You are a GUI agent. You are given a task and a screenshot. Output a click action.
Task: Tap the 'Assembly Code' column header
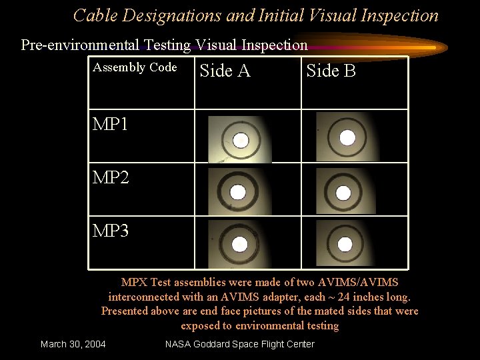(135, 67)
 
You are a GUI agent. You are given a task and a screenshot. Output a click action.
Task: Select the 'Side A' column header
(225, 71)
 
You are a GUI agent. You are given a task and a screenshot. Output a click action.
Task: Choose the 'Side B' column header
(331, 71)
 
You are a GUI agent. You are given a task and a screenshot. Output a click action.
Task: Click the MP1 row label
(111, 125)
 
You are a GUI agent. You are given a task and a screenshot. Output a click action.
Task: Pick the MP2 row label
(111, 178)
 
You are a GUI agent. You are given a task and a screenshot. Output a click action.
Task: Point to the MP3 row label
(111, 231)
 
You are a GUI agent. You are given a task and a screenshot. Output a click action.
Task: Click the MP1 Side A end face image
(239, 139)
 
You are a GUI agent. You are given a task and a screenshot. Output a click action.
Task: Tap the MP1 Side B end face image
(345, 137)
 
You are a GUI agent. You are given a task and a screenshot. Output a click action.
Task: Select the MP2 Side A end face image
(238, 191)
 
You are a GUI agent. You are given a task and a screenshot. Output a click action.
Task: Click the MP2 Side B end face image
(344, 192)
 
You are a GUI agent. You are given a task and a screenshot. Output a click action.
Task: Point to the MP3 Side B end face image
(345, 244)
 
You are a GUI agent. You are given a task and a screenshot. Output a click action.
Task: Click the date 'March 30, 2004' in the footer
(73, 344)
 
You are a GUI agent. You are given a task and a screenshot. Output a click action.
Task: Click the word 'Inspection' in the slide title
(399, 15)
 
